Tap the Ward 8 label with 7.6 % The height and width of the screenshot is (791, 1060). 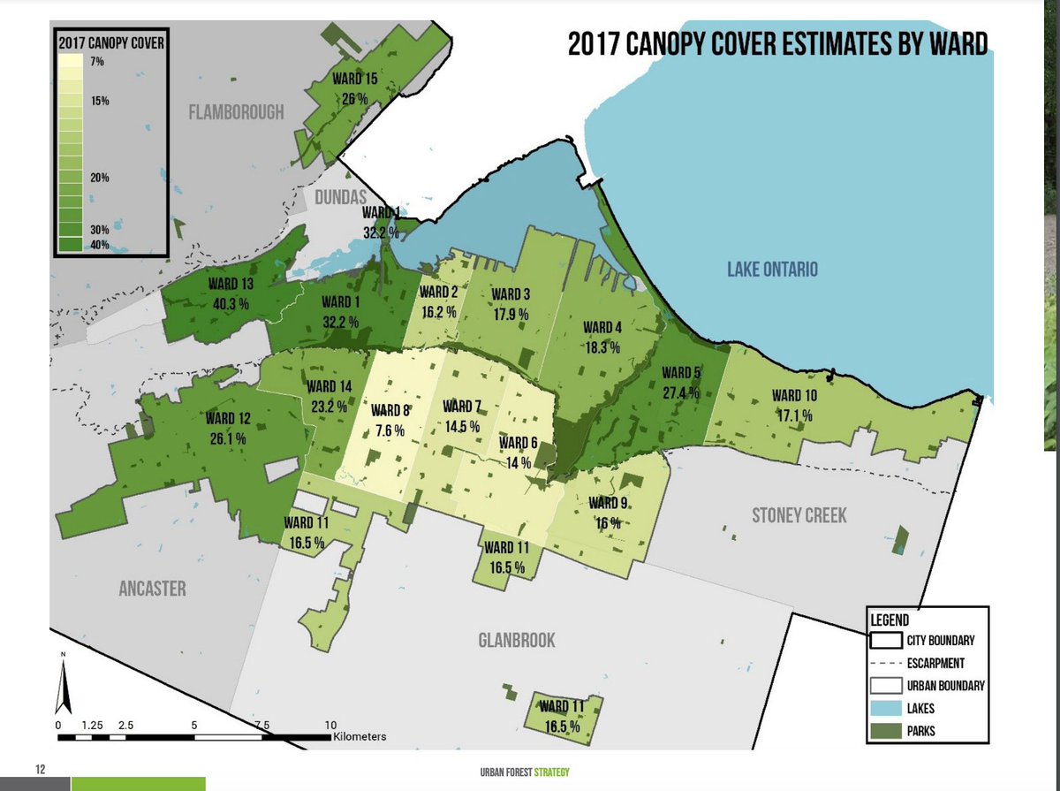(x=390, y=420)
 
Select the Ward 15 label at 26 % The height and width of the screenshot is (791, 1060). (x=355, y=88)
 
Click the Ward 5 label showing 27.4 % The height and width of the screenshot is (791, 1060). (x=682, y=382)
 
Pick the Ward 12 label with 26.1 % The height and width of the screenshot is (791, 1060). (x=228, y=428)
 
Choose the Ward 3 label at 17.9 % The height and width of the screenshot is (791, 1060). (x=511, y=303)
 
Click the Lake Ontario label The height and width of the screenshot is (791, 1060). (x=773, y=270)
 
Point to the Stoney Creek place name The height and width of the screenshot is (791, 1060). (x=799, y=515)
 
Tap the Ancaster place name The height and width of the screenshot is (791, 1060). (x=153, y=589)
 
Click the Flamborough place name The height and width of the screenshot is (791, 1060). (x=236, y=112)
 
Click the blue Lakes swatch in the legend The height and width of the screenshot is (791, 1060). (x=885, y=708)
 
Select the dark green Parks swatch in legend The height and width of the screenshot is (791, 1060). (x=885, y=731)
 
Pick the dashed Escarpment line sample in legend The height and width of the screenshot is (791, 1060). (x=885, y=662)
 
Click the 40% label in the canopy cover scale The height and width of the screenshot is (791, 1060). (x=98, y=245)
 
